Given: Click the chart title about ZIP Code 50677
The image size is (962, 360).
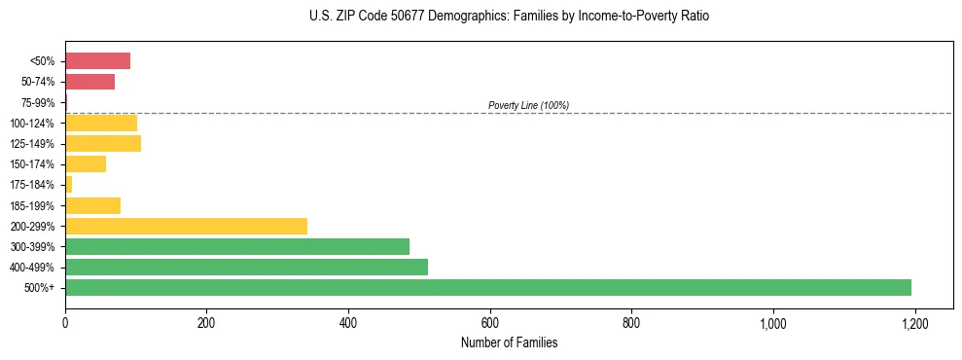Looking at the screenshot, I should coord(510,17).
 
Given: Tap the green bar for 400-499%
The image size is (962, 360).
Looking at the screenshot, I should coord(246,267).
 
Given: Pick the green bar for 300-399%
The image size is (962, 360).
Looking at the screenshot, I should coord(237,246).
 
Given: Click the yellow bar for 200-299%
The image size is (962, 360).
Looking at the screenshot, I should coord(186,226).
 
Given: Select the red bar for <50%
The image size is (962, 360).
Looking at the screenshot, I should coord(97,61).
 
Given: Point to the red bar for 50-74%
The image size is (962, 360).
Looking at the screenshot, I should coord(89,82).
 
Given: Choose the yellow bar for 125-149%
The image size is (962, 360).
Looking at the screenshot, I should coord(103,144).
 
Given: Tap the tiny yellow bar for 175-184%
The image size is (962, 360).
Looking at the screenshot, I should coord(68,185).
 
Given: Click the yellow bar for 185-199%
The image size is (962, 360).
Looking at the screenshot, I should coord(92,205).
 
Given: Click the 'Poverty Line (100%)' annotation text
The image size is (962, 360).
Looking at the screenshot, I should coord(528,105).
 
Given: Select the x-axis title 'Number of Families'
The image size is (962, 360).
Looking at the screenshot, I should coord(509,342).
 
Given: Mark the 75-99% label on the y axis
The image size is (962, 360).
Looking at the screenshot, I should coord(38,103).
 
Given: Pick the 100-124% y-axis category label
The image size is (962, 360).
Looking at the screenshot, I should coord(34,124).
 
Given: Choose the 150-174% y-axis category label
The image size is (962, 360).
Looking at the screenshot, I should coord(34,164).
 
